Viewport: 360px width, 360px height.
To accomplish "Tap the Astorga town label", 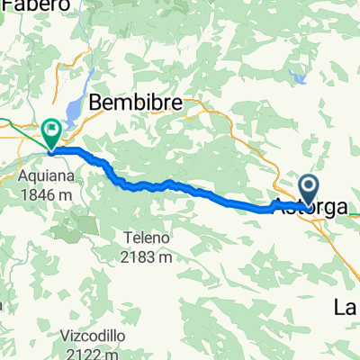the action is tap(310, 207).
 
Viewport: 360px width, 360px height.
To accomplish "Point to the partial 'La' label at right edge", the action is tap(347, 308).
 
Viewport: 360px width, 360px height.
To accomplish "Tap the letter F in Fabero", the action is tap(5, 5).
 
